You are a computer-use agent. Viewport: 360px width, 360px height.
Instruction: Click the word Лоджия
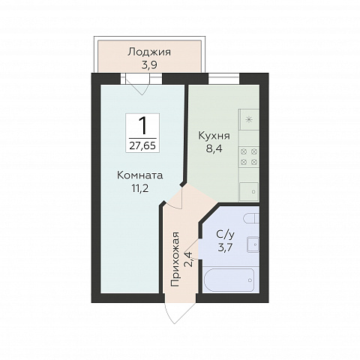(x=149, y=52)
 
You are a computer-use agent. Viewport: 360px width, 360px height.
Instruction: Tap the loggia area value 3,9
(x=149, y=65)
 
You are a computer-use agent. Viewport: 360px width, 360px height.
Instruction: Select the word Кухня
(x=214, y=136)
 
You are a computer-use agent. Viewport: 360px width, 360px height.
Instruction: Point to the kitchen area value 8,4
(x=214, y=148)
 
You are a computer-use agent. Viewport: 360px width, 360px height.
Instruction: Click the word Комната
(x=140, y=175)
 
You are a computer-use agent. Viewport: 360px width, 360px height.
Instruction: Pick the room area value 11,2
(x=140, y=188)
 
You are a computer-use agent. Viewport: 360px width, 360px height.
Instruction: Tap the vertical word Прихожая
(x=175, y=259)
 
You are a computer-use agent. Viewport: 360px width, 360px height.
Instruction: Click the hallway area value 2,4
(x=189, y=259)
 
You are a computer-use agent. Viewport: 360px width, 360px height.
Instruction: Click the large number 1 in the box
(x=143, y=126)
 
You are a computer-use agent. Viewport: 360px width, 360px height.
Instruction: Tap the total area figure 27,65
(x=142, y=145)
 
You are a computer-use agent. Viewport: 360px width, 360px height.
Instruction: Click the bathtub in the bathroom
(x=229, y=280)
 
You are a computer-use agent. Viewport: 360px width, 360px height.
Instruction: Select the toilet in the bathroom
(x=251, y=218)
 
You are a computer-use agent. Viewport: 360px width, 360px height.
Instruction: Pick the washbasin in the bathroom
(x=253, y=244)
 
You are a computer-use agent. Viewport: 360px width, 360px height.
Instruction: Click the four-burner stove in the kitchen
(x=249, y=157)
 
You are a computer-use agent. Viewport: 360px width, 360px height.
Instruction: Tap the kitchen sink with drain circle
(x=249, y=192)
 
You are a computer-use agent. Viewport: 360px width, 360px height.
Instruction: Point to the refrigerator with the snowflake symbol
(x=249, y=119)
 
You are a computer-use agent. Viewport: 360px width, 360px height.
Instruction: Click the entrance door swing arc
(x=175, y=312)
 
